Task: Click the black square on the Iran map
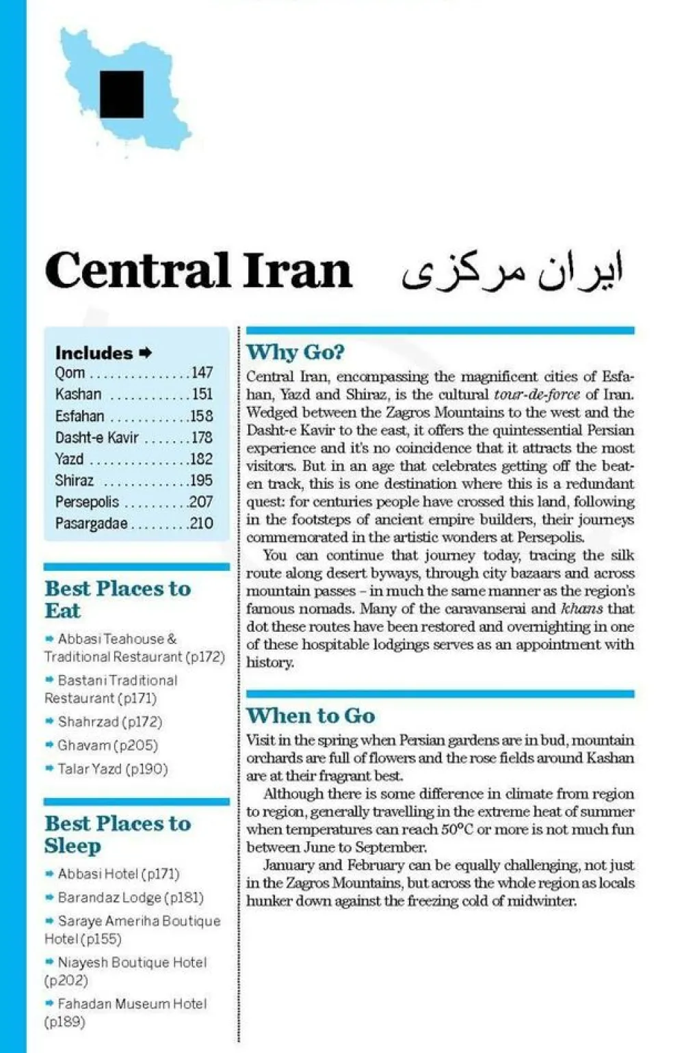(122, 94)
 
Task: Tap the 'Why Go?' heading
(295, 352)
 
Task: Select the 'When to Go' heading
(311, 716)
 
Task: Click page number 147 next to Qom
(202, 373)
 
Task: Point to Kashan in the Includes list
(78, 395)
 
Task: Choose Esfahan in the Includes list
(80, 416)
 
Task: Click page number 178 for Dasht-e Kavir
(202, 438)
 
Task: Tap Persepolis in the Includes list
(87, 502)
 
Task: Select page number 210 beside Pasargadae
(202, 524)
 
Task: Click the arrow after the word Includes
(145, 354)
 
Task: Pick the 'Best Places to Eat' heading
(118, 600)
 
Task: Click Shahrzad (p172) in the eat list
(109, 722)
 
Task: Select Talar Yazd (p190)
(112, 769)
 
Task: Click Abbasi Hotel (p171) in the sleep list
(118, 874)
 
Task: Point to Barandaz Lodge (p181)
(130, 898)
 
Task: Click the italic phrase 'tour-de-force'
(537, 395)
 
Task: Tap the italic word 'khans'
(581, 609)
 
